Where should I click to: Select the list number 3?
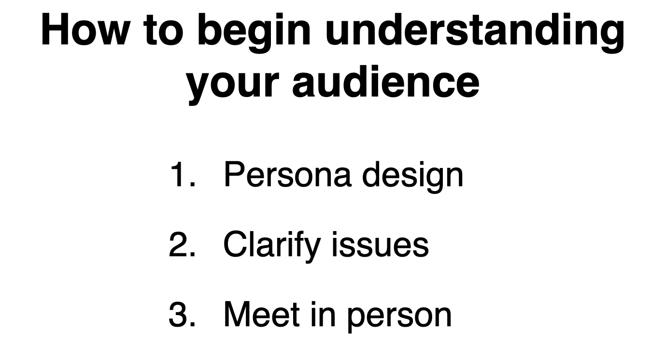183,315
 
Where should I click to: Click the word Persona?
288,174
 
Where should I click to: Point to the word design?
413,177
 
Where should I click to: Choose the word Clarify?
272,247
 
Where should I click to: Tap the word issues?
380,245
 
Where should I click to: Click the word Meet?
262,315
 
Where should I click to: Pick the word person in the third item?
399,318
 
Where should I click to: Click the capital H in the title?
55,29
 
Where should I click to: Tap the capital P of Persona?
235,174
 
